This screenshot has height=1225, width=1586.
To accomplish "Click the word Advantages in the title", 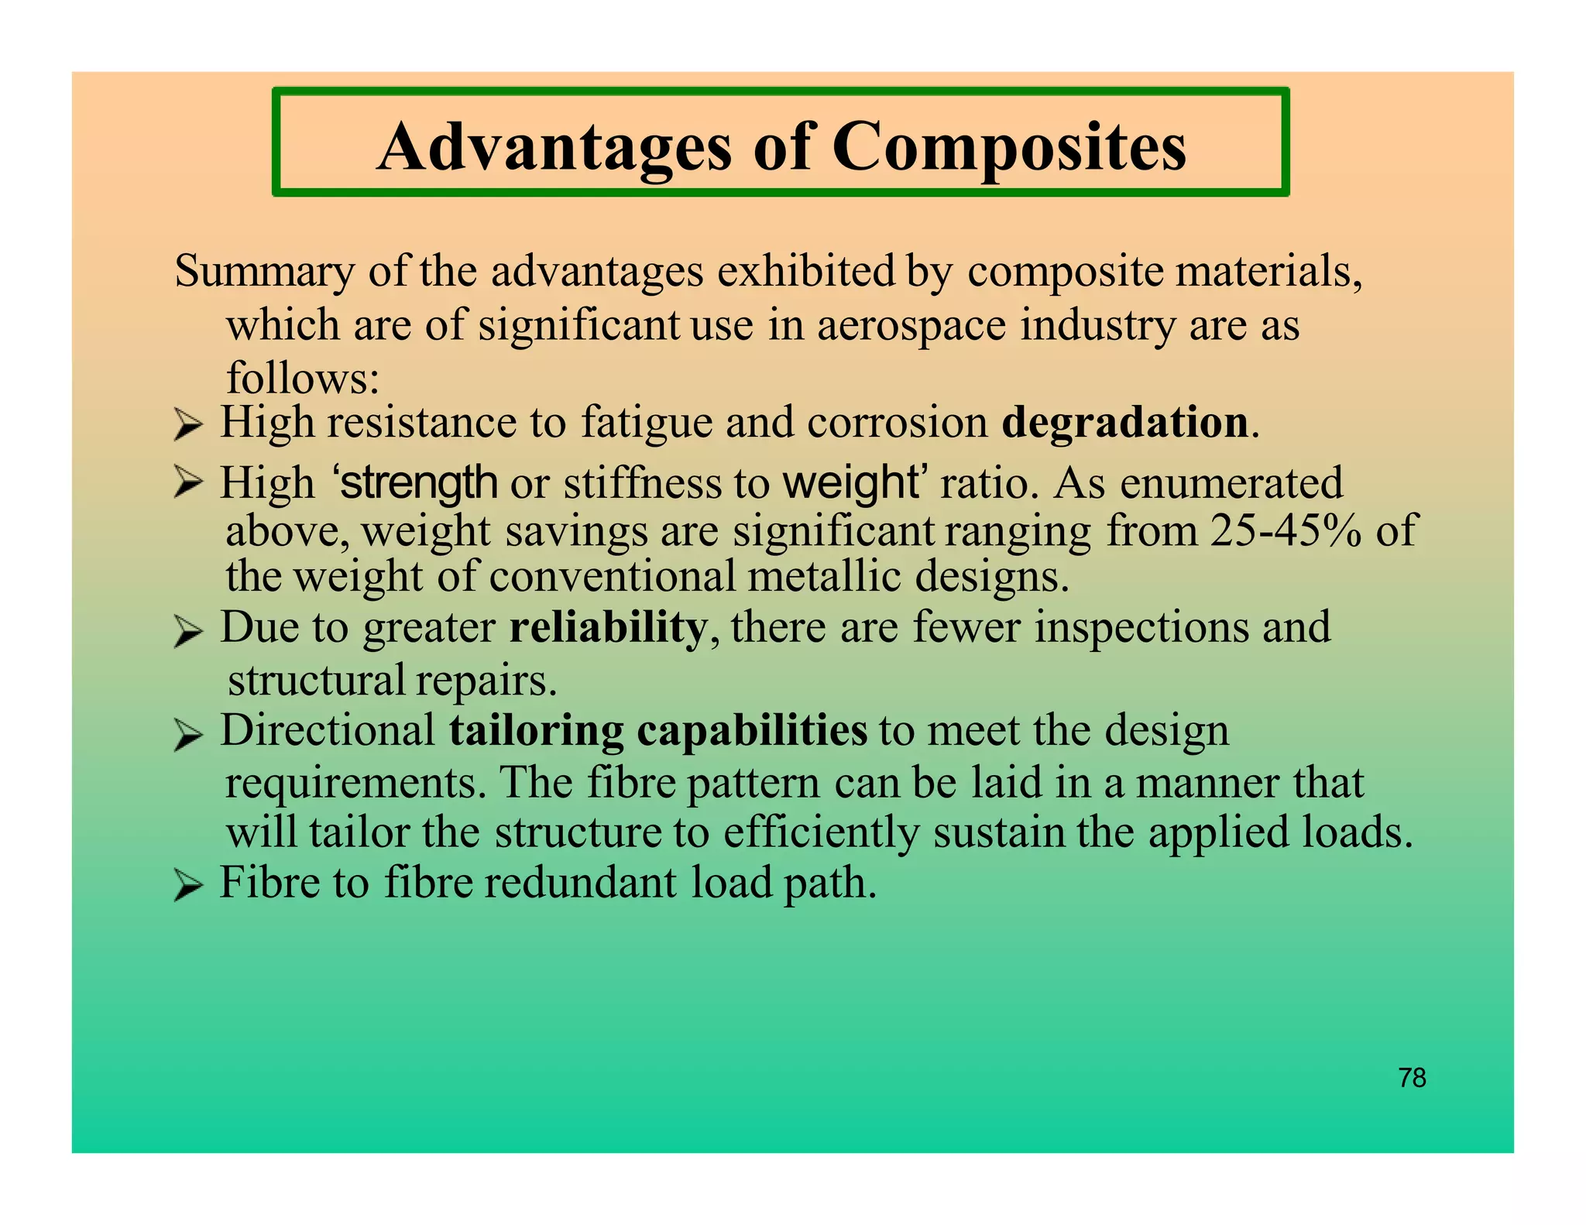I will click(554, 147).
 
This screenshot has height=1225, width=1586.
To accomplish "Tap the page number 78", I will click(1412, 1078).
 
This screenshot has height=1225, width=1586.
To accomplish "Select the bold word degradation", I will click(1124, 423).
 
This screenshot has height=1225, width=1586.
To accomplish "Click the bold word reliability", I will click(608, 627).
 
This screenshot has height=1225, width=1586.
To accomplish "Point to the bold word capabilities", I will click(751, 730).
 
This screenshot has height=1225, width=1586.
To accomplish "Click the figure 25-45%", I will click(1285, 532).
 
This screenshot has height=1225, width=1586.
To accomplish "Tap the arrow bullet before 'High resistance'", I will click(188, 425).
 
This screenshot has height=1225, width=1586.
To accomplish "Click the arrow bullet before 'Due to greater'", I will click(188, 630).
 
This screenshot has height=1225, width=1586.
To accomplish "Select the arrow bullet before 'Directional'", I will click(188, 734).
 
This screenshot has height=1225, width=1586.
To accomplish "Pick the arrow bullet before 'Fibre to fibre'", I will click(188, 884).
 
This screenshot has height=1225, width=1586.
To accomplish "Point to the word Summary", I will click(263, 273).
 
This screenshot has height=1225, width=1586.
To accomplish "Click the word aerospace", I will click(911, 325).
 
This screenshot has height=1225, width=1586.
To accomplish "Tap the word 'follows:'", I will click(303, 378).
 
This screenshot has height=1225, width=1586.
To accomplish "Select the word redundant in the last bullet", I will click(580, 883).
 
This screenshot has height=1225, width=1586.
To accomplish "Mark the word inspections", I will click(1141, 627).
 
